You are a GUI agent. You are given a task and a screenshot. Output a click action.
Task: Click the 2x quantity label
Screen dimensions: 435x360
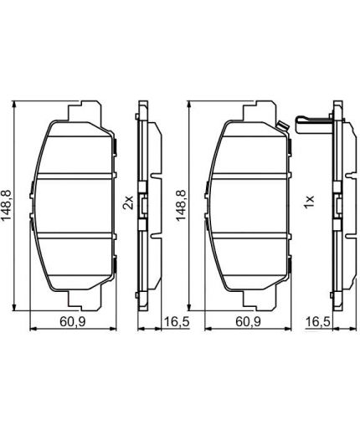[128, 202]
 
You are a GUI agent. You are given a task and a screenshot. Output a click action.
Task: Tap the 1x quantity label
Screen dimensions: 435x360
[308, 201]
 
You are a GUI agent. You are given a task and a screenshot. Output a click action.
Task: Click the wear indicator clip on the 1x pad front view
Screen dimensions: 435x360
[282, 127]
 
